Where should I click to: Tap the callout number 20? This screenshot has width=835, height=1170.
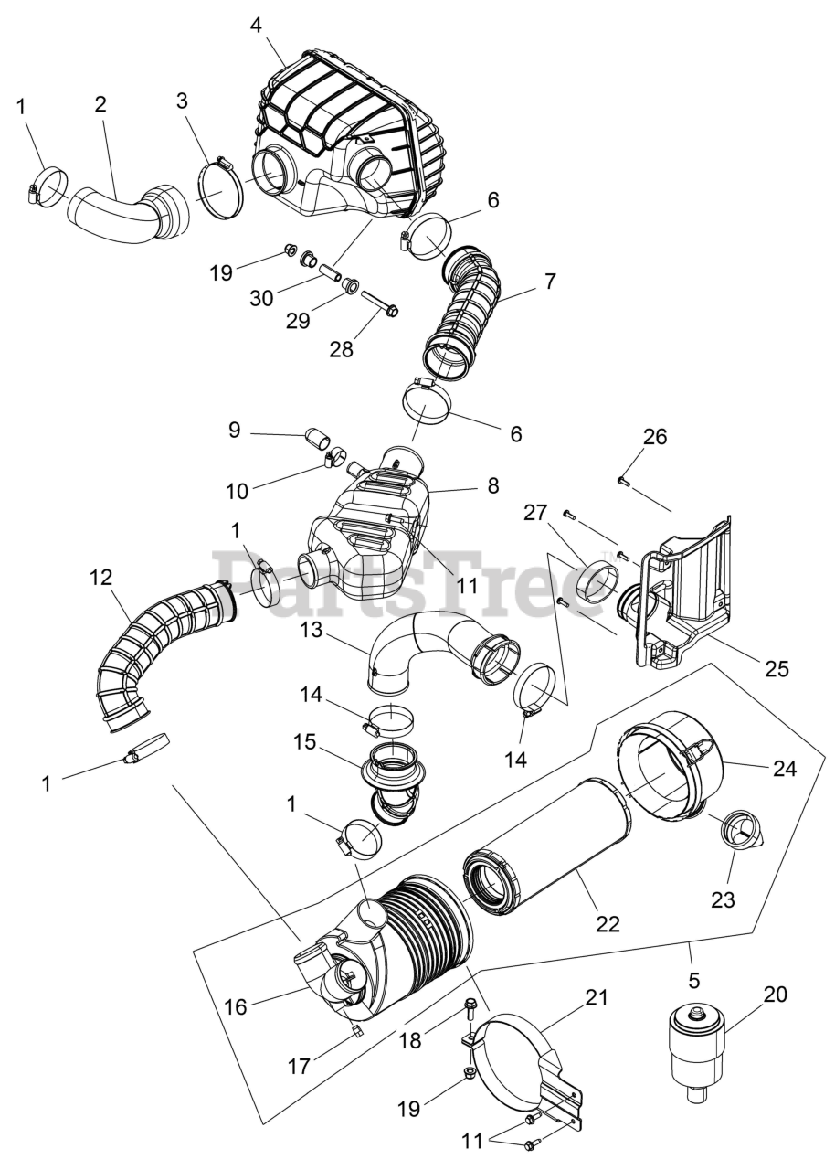pos(774,994)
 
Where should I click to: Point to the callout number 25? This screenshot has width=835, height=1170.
pos(777,668)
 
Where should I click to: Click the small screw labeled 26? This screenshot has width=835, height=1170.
pos(622,479)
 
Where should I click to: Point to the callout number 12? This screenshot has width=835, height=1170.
pos(100,577)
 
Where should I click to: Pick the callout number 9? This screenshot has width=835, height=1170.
pos(235,430)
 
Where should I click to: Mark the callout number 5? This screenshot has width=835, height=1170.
pos(694,981)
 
